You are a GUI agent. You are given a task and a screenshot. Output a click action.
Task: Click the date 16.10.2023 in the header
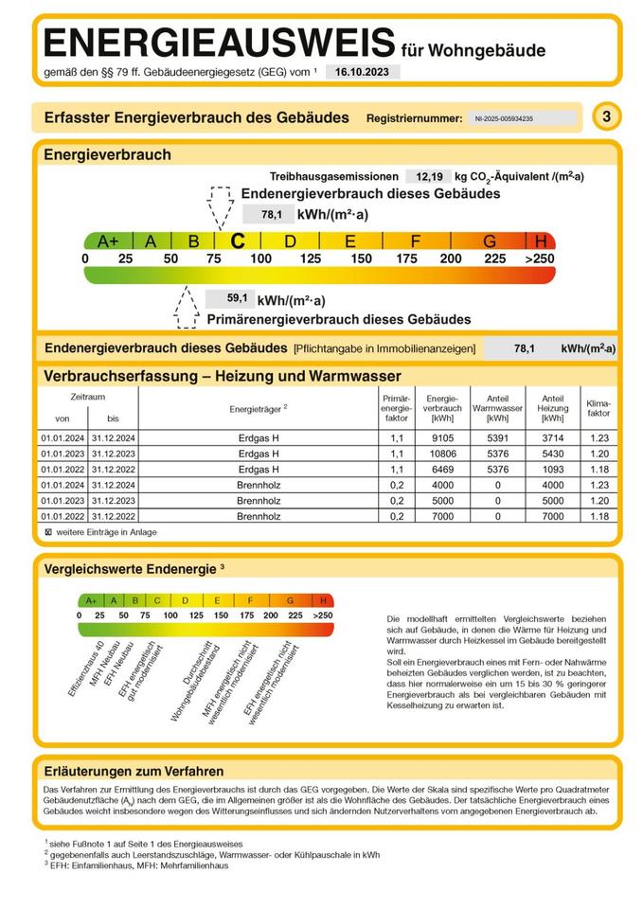click(364, 72)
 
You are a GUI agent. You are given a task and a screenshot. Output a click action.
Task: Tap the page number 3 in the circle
click(606, 117)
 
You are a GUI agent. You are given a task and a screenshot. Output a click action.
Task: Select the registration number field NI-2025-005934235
click(518, 119)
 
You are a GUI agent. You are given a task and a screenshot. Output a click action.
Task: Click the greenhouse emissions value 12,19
click(424, 176)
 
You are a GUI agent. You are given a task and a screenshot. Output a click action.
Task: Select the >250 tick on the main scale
click(541, 259)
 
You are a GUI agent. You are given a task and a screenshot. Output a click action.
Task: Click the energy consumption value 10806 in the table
click(442, 454)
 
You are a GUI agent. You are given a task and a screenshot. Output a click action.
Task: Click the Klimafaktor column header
click(598, 408)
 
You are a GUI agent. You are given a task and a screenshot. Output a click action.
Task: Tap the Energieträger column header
click(258, 409)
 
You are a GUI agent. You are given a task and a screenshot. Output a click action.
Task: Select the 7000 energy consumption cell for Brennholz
click(442, 516)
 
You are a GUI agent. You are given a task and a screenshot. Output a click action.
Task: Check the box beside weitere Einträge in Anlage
click(47, 532)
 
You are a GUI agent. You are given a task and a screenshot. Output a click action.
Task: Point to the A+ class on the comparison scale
click(91, 600)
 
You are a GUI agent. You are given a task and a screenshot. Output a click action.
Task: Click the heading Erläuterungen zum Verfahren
click(134, 771)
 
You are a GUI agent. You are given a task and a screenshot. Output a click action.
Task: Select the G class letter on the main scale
click(490, 241)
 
